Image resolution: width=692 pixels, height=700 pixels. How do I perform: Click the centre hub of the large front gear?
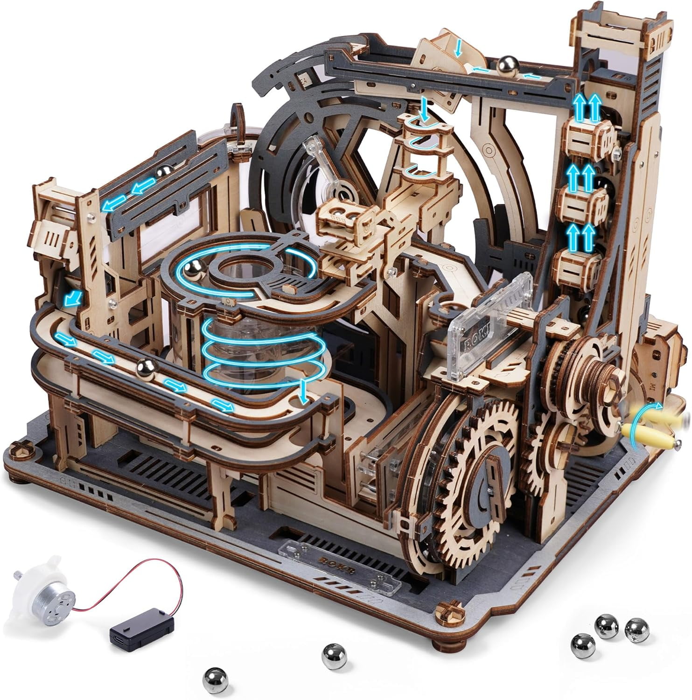tap(488, 481)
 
